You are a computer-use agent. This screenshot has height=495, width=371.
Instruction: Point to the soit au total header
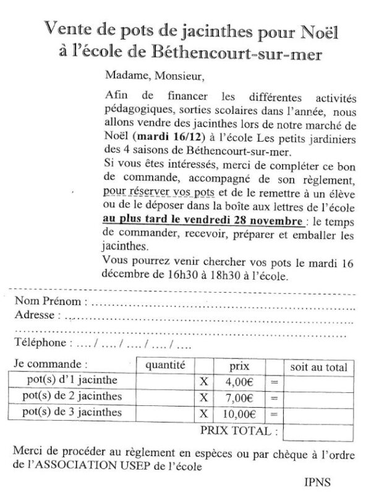319,367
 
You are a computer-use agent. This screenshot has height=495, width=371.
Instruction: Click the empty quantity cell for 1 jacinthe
165,381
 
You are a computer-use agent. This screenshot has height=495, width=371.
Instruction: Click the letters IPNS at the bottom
319,480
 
